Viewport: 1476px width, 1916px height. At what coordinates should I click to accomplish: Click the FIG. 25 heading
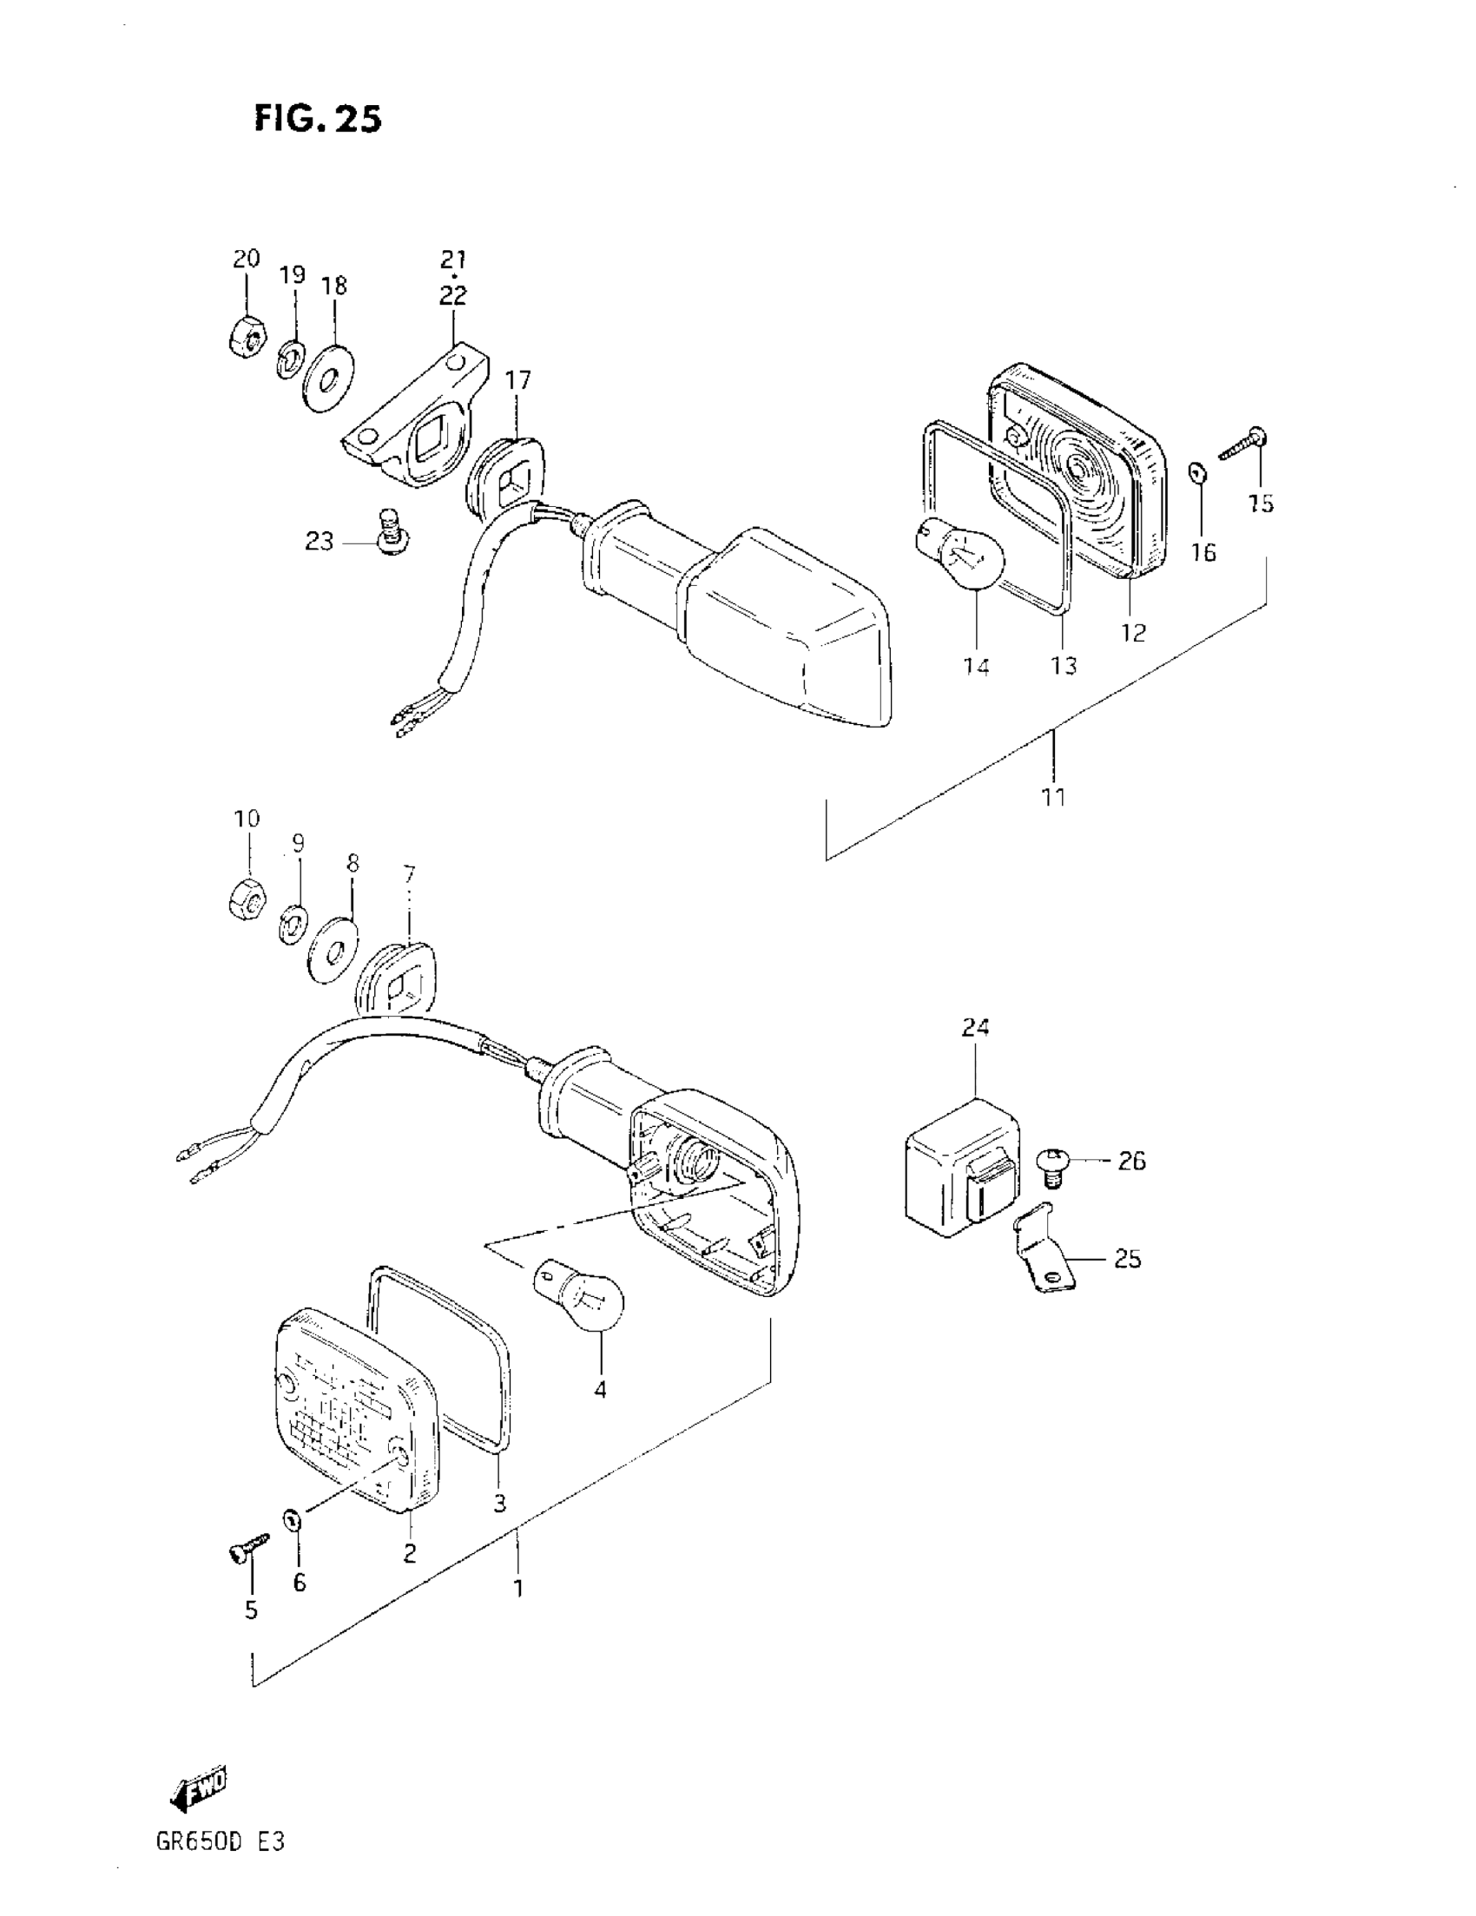[318, 118]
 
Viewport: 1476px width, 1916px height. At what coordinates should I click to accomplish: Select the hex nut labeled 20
[245, 336]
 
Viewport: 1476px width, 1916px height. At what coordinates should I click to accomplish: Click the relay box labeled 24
[960, 1165]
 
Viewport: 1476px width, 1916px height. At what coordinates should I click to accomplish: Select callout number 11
[1053, 797]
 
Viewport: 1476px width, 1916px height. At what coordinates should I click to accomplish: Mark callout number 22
[453, 296]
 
